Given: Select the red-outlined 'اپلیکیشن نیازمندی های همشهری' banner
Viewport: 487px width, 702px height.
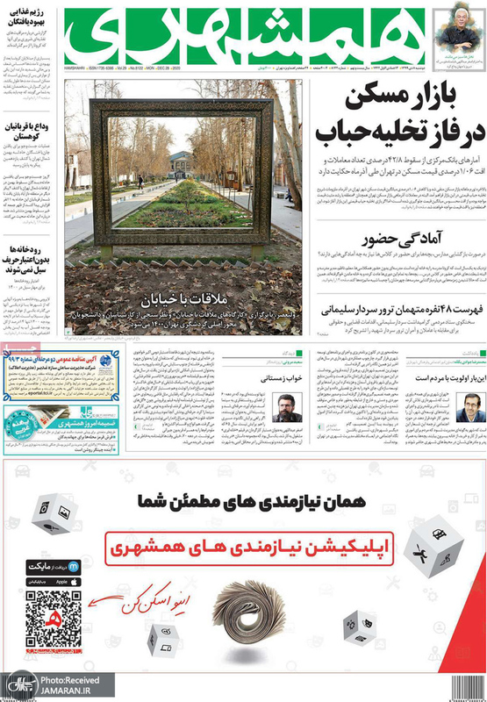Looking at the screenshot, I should [249, 546].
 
